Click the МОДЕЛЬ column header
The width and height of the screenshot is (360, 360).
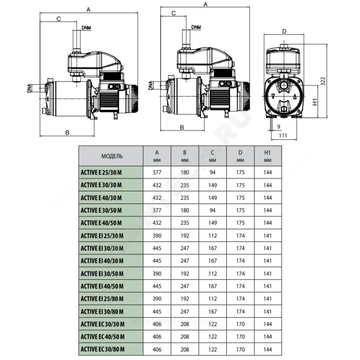coord(112,156)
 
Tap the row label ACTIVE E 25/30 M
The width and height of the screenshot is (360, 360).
coord(101,173)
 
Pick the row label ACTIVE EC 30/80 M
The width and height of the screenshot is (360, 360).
coord(103,350)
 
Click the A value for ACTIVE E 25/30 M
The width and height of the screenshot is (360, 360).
coord(157,172)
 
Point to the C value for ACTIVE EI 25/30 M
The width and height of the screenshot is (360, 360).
coord(212,236)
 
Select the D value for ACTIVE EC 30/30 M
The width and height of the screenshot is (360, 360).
coord(240,324)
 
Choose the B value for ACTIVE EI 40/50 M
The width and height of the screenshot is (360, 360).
coord(185,286)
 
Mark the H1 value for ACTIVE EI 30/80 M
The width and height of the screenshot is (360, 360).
coord(267,311)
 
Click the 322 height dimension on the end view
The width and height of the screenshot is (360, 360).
coord(323,81)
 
